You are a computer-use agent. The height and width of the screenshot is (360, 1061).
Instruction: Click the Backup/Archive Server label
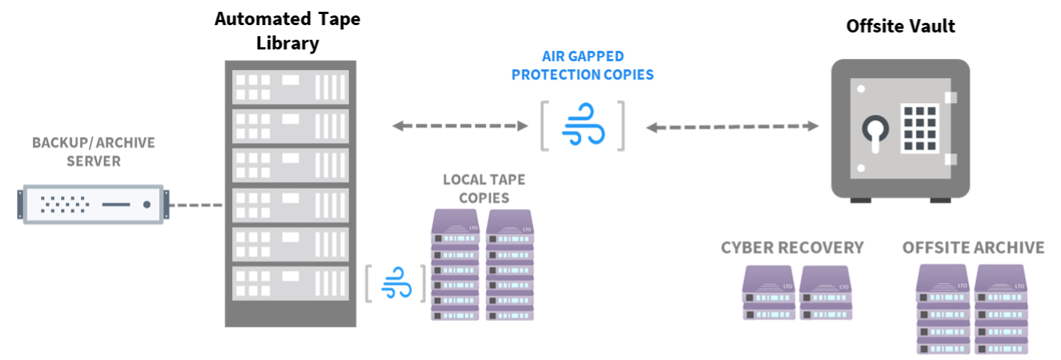[x=94, y=152]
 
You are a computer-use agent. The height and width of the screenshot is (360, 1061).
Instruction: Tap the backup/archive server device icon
[x=94, y=204]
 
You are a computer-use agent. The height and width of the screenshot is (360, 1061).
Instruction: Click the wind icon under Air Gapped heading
[x=583, y=126]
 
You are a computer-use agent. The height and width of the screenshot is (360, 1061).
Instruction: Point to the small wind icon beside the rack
[x=396, y=283]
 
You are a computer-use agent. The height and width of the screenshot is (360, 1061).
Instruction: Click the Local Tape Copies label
[x=484, y=188]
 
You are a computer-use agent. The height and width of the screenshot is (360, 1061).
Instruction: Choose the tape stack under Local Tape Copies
[x=484, y=264]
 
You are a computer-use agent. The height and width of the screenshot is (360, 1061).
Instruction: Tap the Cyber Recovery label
[x=792, y=247]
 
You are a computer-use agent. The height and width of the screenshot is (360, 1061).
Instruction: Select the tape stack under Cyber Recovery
[x=798, y=292]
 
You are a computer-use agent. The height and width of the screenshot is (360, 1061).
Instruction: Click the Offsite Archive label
[x=973, y=247]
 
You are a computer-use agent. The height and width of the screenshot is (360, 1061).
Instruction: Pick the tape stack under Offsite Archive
[x=973, y=309]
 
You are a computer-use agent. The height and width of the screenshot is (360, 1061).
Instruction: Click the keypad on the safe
[x=919, y=127]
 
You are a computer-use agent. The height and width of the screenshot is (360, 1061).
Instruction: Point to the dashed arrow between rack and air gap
[x=460, y=126]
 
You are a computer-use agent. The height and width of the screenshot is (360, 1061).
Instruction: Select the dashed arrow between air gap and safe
[x=733, y=127]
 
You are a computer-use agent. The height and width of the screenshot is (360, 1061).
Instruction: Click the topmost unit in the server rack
[x=290, y=86]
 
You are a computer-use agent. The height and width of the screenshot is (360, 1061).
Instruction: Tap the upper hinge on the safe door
[x=951, y=96]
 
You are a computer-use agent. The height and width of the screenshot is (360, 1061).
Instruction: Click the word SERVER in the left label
[x=94, y=161]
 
